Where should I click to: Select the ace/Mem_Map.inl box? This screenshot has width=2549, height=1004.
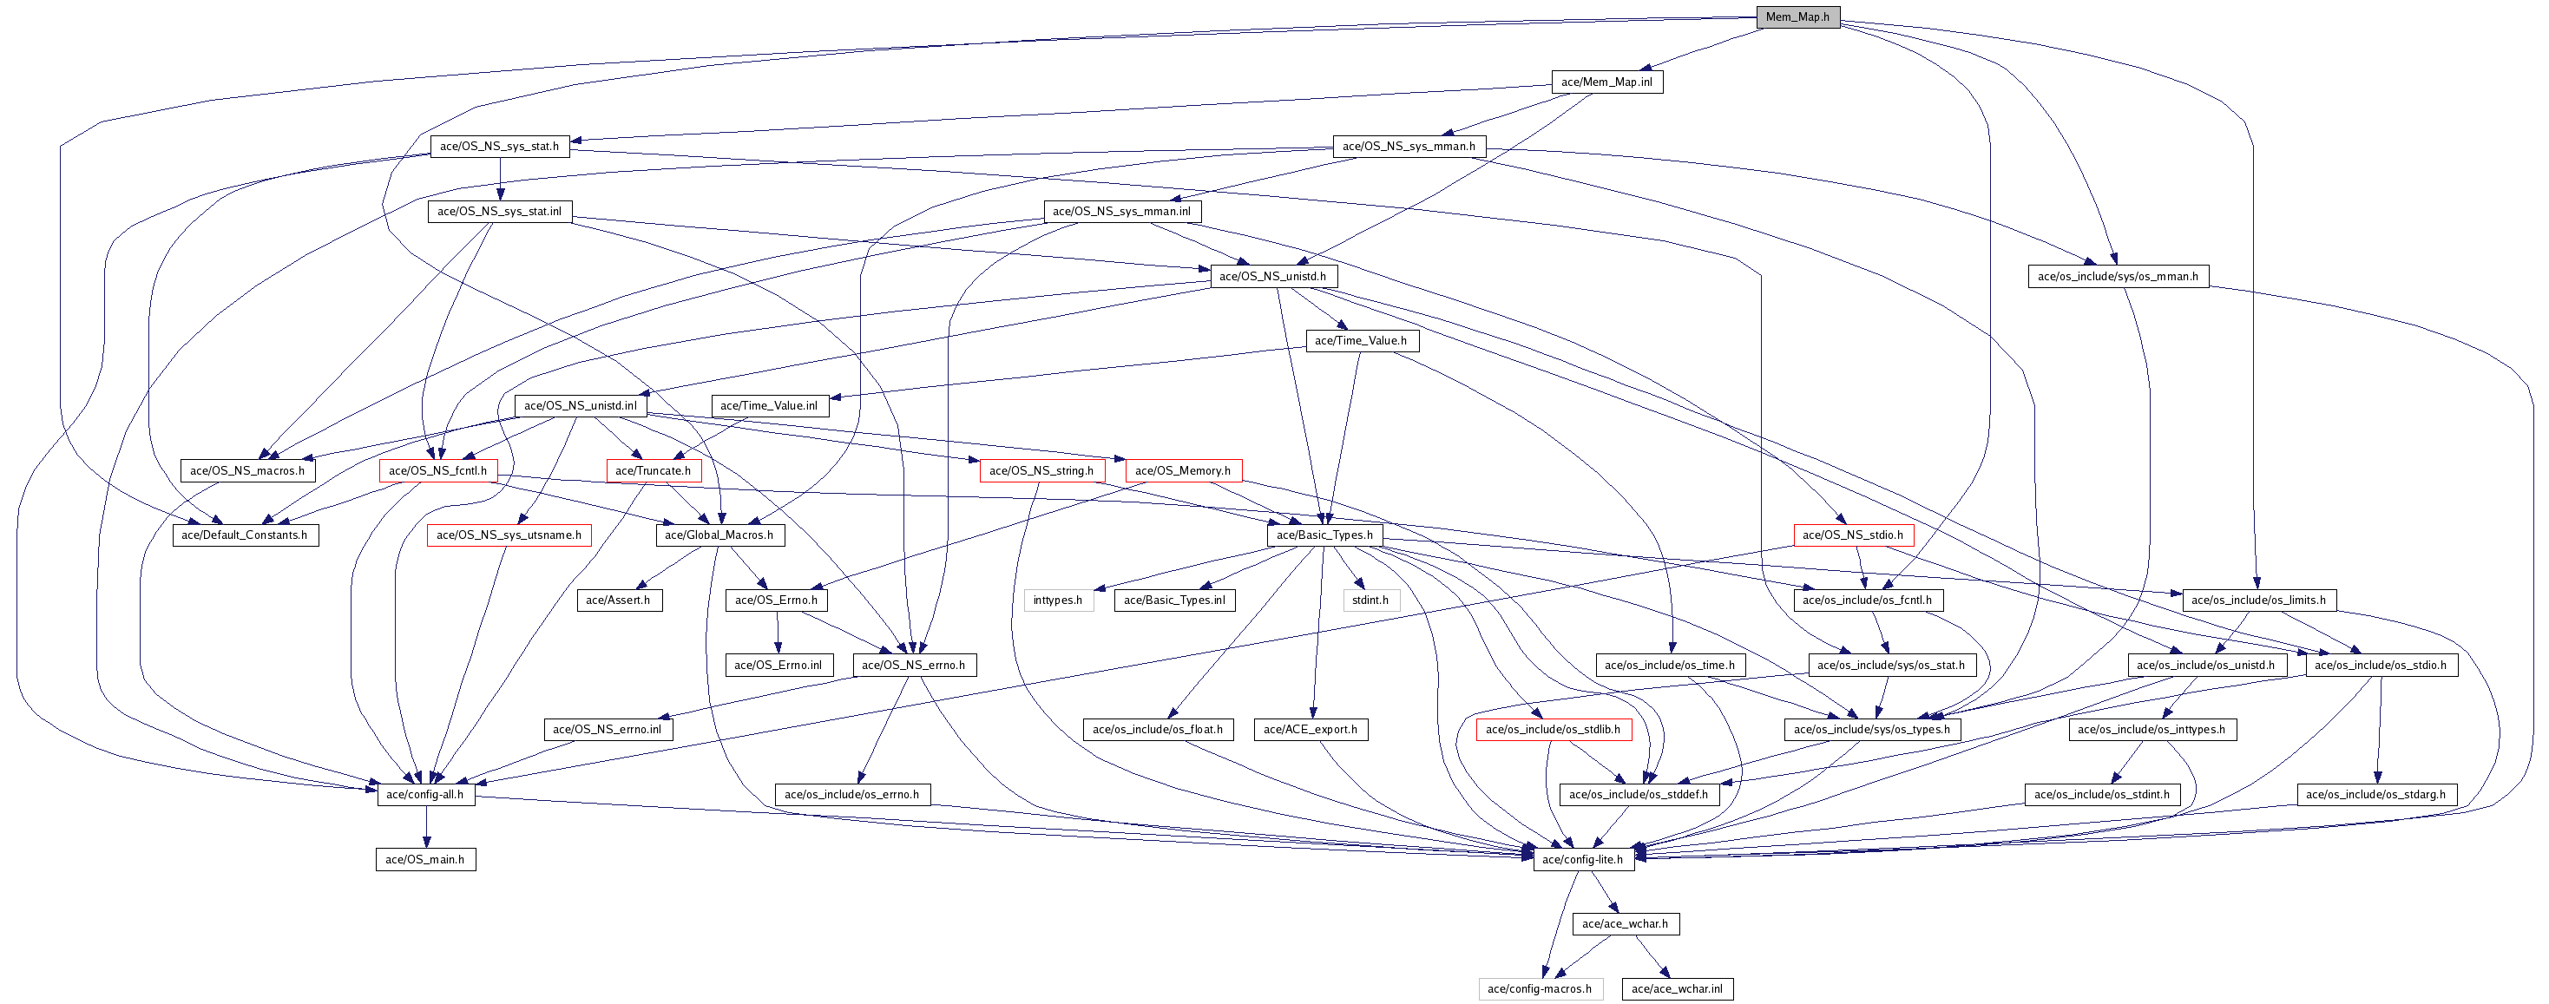(x=1606, y=82)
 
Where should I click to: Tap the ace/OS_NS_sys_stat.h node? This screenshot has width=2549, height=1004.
(x=499, y=147)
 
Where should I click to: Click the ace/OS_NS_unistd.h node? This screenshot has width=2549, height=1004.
(x=1272, y=276)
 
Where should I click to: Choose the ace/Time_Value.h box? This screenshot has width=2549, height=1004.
(x=1360, y=341)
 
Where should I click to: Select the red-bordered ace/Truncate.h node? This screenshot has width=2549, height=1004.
(x=653, y=471)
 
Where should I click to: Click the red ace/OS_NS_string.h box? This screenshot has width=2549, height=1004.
(x=1041, y=471)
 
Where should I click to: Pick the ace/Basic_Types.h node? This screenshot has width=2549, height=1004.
(x=1324, y=535)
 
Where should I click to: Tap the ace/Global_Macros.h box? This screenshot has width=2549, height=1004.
(x=719, y=535)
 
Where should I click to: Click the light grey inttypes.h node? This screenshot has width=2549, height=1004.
(x=1058, y=600)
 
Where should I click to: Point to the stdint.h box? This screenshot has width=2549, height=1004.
(x=1370, y=600)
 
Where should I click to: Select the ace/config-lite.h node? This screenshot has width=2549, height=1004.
(x=1583, y=860)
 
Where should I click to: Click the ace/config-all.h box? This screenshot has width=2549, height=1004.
(x=425, y=794)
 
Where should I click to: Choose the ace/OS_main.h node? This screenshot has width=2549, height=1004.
(x=425, y=860)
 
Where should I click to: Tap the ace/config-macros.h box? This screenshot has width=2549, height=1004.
(x=1540, y=989)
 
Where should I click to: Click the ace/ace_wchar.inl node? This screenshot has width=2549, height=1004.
(x=1678, y=989)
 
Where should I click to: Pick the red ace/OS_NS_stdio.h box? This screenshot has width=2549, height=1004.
(x=1853, y=535)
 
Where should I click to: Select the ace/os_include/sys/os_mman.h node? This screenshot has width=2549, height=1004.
(x=2118, y=276)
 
